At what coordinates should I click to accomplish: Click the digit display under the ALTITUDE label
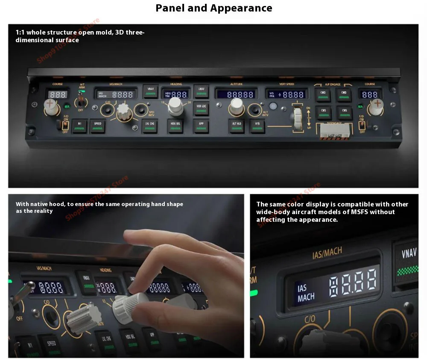coord(236,94)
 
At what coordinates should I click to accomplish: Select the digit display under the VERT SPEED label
coord(286,94)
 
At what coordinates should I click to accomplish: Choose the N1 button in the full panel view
coord(79,126)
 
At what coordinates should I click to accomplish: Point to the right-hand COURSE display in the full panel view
coord(370,95)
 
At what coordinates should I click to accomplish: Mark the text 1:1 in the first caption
coord(20,32)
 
